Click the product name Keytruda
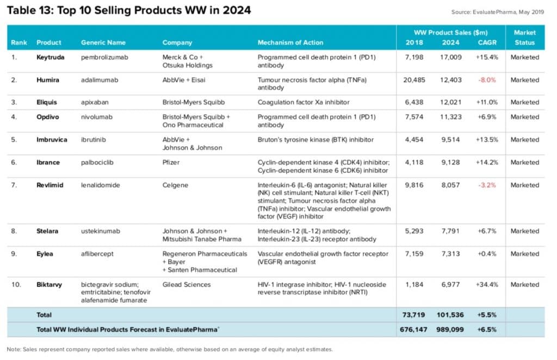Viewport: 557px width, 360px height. click(50, 57)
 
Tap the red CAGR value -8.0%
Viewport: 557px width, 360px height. click(487, 80)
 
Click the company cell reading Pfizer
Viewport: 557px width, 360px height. click(171, 163)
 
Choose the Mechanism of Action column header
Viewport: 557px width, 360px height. click(290, 42)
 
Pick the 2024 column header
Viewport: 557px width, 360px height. click(451, 42)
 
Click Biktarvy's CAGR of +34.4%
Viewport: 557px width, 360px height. click(486, 284)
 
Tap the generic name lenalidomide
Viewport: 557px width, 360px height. click(101, 185)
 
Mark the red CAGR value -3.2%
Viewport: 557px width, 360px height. click(487, 185)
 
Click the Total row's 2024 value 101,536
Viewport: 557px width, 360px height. click(449, 315)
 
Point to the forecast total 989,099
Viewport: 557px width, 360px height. click(449, 330)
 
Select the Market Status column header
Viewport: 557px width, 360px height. click(524, 38)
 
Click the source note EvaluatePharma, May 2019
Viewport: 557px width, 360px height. click(498, 12)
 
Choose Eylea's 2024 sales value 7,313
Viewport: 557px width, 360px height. click(451, 254)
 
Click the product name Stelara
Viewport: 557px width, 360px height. click(48, 231)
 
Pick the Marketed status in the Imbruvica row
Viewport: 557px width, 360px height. click(524, 140)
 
